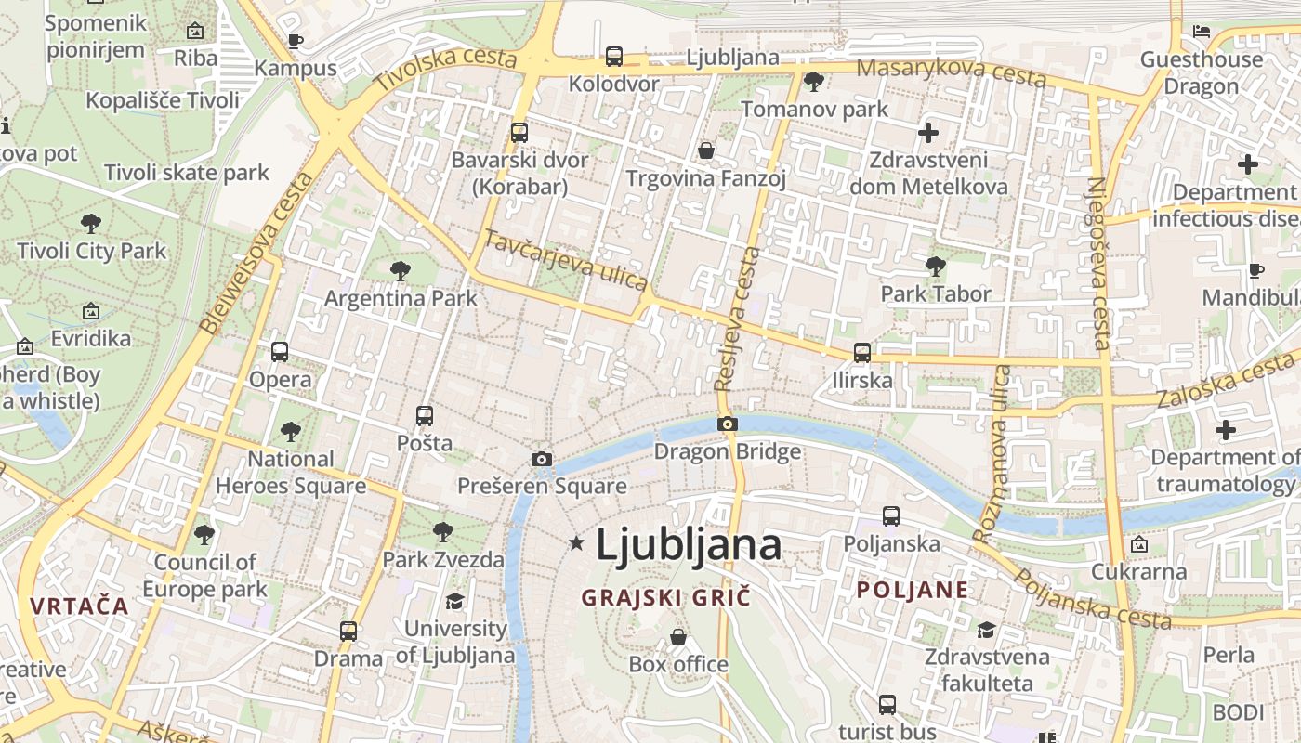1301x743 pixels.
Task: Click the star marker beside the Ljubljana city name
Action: (577, 543)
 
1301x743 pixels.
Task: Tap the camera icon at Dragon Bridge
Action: (728, 424)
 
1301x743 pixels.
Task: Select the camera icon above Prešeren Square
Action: (542, 459)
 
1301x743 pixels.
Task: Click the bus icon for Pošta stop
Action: (425, 415)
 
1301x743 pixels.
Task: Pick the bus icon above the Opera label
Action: (280, 351)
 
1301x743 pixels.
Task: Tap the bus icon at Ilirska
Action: (862, 353)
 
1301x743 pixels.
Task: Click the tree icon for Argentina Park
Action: (401, 271)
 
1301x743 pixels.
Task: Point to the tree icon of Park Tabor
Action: (936, 267)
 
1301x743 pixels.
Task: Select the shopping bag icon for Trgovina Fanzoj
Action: (706, 150)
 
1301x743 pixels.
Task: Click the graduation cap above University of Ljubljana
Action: (454, 602)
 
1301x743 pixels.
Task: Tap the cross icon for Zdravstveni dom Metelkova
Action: (927, 133)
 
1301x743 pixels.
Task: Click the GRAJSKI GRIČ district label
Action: (665, 597)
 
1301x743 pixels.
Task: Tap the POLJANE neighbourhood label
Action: (913, 590)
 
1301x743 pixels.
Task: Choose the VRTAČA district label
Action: (79, 606)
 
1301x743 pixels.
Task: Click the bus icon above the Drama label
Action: (348, 632)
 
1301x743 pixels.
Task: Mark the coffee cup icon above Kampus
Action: (296, 41)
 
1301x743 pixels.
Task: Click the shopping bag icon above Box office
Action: (678, 637)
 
